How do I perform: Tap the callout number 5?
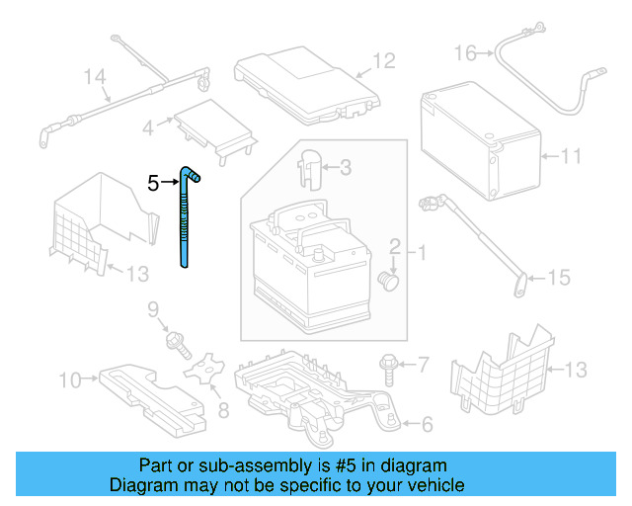coord(152,183)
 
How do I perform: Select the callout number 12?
coord(383,61)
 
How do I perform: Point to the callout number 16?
coord(465,51)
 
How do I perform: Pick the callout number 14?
coord(93,75)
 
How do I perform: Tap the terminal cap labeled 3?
coord(310,166)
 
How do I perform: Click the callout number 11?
coord(572,156)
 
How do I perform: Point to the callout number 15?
coord(559,279)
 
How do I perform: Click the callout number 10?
coord(69,378)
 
